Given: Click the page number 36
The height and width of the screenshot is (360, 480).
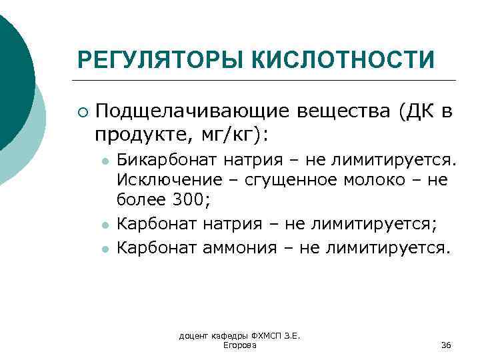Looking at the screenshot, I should (447, 345).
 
